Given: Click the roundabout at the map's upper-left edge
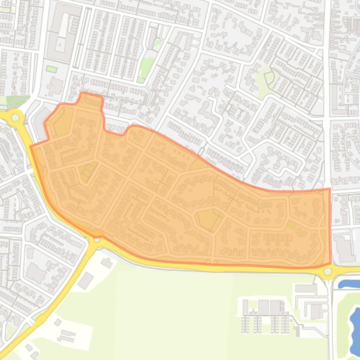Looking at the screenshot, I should coord(15,117).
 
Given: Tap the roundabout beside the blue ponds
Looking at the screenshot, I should coord(328,271).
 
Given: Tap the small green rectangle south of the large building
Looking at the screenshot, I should coord(51,69).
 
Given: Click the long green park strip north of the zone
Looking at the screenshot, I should coord(147,65).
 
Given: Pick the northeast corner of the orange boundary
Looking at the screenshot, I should coord(330,189).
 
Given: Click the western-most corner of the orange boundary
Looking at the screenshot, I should coord(31,147).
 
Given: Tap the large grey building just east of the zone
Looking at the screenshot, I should coord(345,248).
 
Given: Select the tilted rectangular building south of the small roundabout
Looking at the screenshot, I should coord(86,281).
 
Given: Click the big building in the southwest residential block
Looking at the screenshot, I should coord(37,272).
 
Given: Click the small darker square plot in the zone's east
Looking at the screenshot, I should coord(291,225).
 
